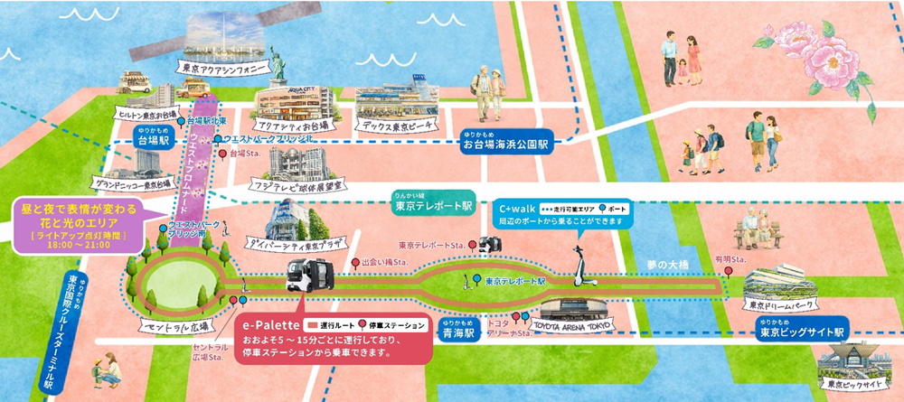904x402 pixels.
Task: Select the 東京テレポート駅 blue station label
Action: (433, 205)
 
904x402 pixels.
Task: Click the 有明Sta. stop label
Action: (729, 260)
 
